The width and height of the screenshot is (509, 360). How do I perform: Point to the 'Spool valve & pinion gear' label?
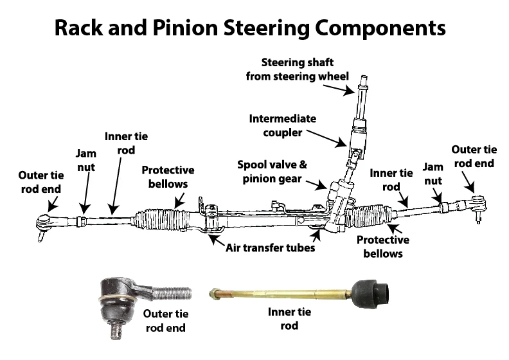(x=277, y=172)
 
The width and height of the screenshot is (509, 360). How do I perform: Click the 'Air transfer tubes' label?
(x=270, y=248)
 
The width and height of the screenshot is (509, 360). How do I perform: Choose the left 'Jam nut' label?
(x=85, y=160)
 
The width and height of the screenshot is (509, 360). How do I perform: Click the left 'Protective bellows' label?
(x=168, y=177)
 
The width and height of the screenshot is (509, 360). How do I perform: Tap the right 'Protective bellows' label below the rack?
(x=383, y=246)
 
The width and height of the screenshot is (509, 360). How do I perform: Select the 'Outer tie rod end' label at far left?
(x=40, y=183)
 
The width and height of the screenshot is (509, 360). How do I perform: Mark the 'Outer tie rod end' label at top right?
(x=473, y=156)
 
